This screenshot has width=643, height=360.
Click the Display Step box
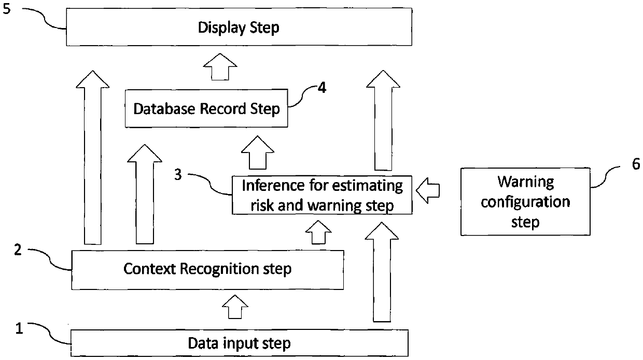point(239,27)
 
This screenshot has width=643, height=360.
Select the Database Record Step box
point(206,108)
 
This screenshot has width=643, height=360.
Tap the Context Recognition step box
point(207,270)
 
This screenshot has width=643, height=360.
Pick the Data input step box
point(240,343)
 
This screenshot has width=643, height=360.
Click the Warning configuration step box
point(525,202)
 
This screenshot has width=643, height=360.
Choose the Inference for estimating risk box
point(322,195)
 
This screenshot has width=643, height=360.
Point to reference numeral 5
point(6,9)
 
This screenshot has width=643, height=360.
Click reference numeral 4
point(322,88)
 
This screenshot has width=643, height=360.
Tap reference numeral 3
point(178,174)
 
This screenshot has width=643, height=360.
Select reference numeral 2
point(18,250)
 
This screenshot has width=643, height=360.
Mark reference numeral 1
point(19,328)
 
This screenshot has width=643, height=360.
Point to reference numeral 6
point(636,164)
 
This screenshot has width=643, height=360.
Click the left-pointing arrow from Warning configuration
point(428,190)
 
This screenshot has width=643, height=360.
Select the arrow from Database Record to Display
point(220,66)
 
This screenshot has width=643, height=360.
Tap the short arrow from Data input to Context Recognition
point(235,307)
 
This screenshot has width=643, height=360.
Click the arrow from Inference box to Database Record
point(258,153)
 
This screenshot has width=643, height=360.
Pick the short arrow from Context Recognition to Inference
point(318,232)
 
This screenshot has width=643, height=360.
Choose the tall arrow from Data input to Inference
point(382,272)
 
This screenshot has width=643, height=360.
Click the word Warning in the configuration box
point(526,182)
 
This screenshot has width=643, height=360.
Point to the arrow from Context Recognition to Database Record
point(145,195)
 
